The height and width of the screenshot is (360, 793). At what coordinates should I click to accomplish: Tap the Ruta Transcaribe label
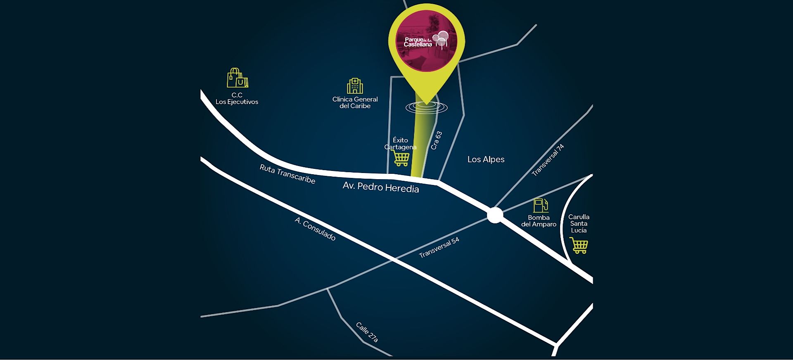[287, 174]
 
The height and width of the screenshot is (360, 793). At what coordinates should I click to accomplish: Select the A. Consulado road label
[315, 229]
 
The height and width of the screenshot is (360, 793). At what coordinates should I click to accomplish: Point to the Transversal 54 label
[439, 248]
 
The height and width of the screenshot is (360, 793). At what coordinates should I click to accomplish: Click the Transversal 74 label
[548, 160]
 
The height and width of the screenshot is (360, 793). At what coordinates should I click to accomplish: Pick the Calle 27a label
[367, 332]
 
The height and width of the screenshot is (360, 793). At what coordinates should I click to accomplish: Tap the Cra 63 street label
[436, 140]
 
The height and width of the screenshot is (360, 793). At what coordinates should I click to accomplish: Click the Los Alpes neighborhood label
[486, 159]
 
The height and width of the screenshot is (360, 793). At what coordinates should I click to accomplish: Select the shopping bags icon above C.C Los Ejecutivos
[237, 78]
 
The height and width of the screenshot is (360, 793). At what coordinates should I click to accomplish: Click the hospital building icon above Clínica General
[355, 86]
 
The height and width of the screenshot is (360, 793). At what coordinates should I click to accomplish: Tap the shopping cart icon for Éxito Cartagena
[401, 158]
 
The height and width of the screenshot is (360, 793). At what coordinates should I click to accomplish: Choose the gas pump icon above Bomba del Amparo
[540, 205]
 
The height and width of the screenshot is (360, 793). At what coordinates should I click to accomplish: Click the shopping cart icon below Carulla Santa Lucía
[579, 245]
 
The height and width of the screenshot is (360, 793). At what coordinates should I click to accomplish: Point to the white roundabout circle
[494, 215]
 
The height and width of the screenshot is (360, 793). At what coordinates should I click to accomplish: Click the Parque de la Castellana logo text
[418, 42]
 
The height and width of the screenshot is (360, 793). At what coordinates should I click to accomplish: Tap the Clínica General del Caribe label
[355, 102]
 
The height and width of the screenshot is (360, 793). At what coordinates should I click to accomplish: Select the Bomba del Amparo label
[539, 221]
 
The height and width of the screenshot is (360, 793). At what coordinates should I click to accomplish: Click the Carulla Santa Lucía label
[579, 223]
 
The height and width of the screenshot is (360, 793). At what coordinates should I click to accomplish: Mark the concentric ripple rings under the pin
[426, 107]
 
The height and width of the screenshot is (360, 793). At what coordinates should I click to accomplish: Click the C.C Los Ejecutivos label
[237, 99]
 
